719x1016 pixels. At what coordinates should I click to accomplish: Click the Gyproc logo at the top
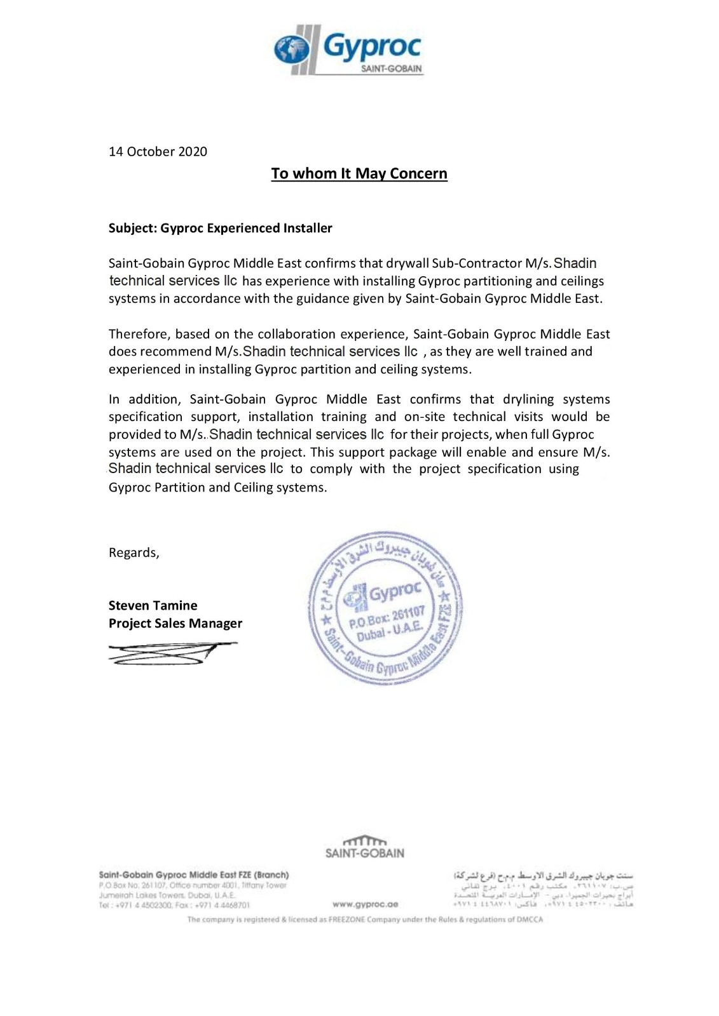348,50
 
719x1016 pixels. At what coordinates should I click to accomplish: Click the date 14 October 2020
158,152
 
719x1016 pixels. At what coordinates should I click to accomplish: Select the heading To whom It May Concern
359,173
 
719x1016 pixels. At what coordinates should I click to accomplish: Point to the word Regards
134,552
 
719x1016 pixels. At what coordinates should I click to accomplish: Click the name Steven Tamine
153,605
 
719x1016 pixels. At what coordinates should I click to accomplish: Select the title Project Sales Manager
175,623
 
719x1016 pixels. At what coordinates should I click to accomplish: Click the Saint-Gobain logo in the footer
364,847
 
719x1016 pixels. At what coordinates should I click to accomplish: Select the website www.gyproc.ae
365,904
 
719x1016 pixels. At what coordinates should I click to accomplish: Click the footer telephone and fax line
174,905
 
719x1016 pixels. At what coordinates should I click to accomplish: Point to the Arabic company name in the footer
544,875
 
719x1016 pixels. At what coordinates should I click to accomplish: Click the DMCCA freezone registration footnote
365,919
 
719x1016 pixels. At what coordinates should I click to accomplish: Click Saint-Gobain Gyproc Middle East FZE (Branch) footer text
194,875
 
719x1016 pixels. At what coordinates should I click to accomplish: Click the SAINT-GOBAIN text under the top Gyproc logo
391,69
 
